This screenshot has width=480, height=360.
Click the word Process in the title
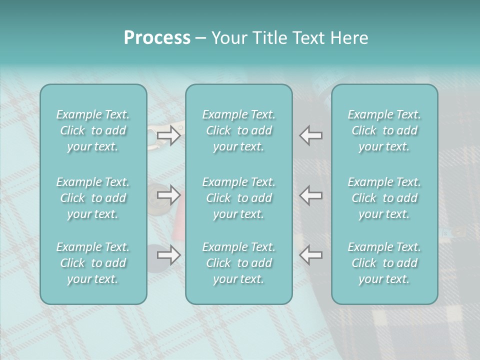tap(157, 37)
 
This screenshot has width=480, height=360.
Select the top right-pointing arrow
tap(169, 135)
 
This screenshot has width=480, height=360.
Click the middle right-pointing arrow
tap(169, 194)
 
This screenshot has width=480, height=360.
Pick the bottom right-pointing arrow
tap(169, 255)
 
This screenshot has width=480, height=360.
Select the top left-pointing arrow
tap(311, 135)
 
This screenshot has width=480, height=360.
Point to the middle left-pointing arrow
tap(311, 194)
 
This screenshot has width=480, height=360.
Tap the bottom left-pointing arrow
tap(311, 255)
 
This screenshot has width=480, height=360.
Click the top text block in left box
tap(93, 130)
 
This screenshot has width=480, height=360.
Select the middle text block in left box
tap(93, 198)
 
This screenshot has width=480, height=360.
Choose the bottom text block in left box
tap(93, 263)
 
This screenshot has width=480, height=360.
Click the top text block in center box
tap(238, 130)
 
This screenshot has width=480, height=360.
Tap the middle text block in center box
tap(238, 198)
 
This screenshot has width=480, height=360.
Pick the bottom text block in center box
tap(238, 263)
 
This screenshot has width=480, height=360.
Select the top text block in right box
tap(384, 130)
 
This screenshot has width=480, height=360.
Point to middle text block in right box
tap(384, 198)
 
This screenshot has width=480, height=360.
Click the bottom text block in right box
tap(384, 263)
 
